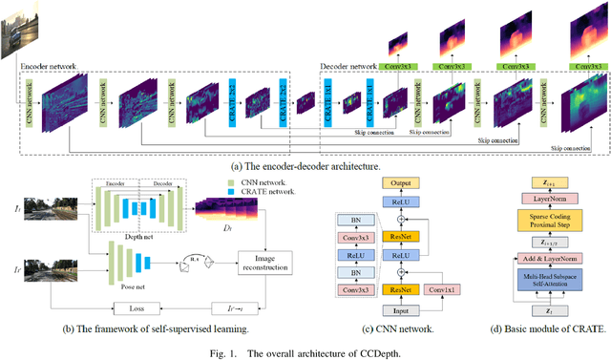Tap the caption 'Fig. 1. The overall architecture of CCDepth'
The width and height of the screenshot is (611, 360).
point(305,351)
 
